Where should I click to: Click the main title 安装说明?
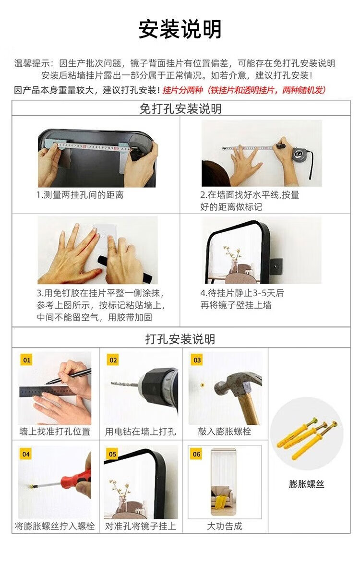click(x=180, y=29)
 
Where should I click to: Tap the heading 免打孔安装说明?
click(x=180, y=108)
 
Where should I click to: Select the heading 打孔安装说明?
click(x=180, y=339)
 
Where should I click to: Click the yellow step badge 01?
click(x=26, y=360)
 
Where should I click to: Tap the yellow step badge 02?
click(x=113, y=360)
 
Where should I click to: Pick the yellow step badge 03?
click(x=197, y=360)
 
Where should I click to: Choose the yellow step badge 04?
click(x=26, y=454)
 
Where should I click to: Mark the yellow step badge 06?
click(x=196, y=454)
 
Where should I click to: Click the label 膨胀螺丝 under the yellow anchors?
click(x=307, y=484)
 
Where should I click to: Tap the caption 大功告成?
click(x=225, y=526)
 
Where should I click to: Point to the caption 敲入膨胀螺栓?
click(x=225, y=431)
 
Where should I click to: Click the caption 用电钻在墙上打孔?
click(x=140, y=431)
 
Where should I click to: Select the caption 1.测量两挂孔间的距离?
click(x=80, y=195)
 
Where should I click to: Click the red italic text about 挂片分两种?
click(x=244, y=90)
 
